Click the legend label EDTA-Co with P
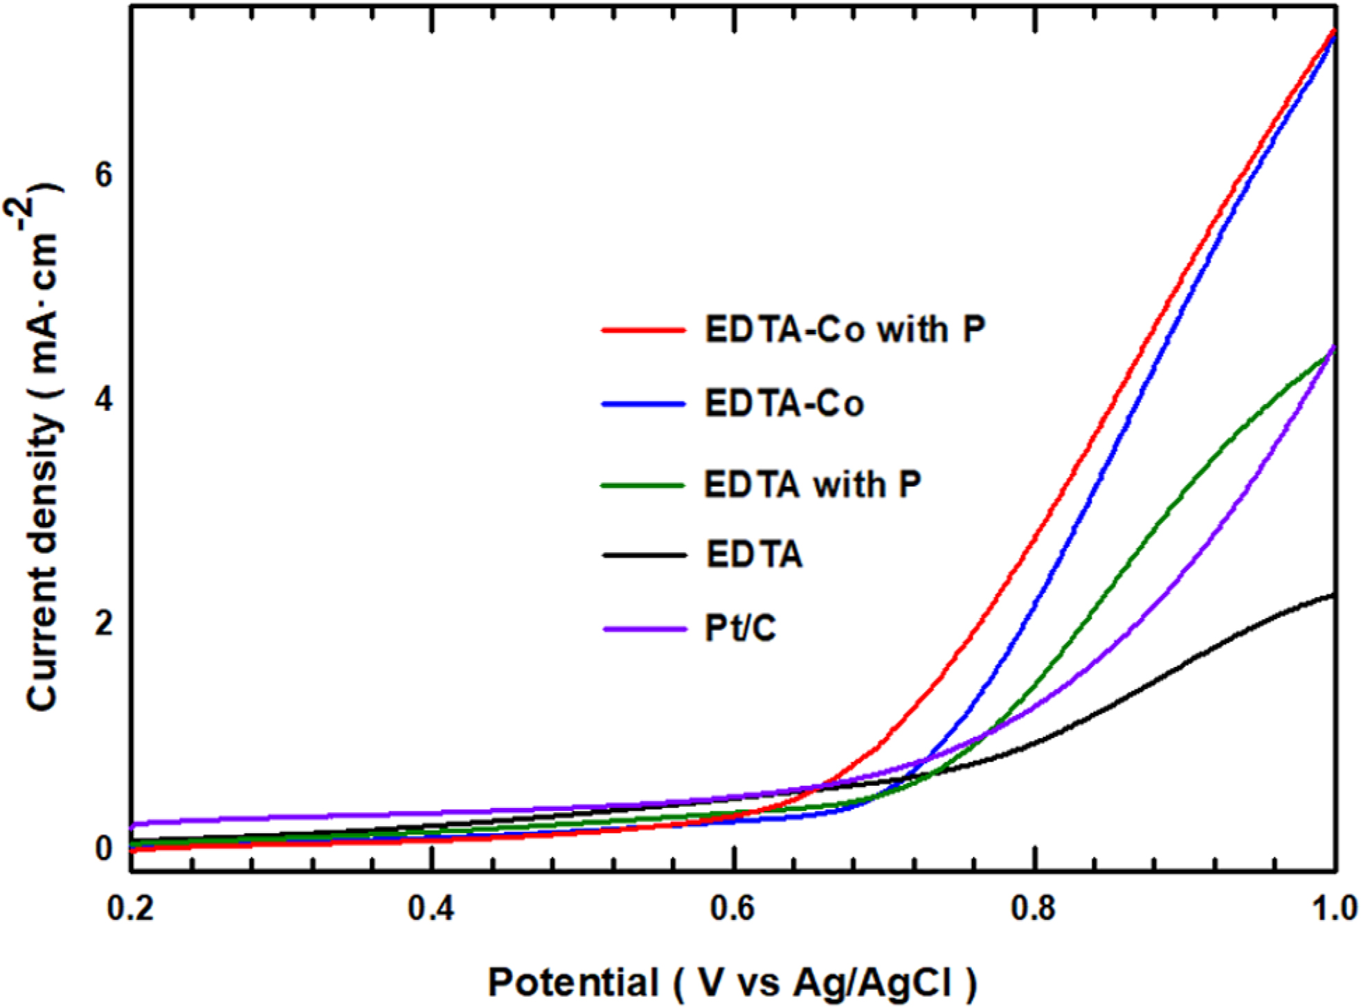pos(845,329)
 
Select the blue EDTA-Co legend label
pos(784,403)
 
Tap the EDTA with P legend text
pos(813,484)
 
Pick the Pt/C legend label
pos(740,628)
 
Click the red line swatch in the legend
pos(643,330)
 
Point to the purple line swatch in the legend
pos(643,629)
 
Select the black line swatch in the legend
pos(643,555)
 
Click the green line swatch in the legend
pos(643,485)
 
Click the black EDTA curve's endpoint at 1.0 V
pos(1333,595)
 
